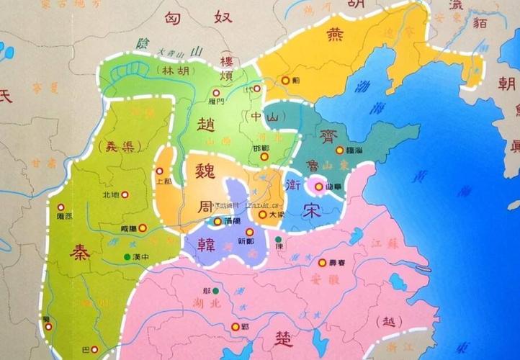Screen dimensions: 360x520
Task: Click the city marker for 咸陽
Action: [143, 228]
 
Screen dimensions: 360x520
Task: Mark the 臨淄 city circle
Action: [339, 150]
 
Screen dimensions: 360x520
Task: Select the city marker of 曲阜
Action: [318, 186]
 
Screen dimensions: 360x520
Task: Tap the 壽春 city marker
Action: [322, 263]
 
